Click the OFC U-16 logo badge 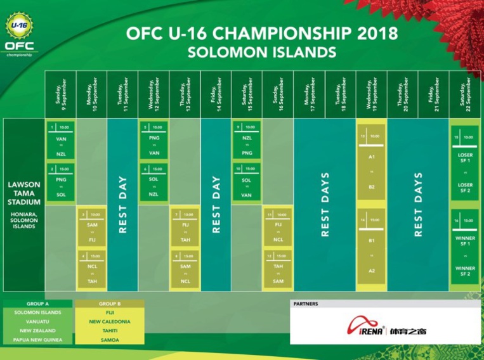[x=20, y=34]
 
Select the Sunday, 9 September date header [x=60, y=94]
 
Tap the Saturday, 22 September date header [x=466, y=94]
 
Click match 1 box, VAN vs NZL [x=60, y=140]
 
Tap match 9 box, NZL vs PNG [x=247, y=140]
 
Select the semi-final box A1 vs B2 [x=371, y=162]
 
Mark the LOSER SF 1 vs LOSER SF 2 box [x=466, y=162]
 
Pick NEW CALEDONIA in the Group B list [x=110, y=322]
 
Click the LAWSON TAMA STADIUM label [x=24, y=193]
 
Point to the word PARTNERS [x=306, y=304]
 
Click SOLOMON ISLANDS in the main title [x=261, y=51]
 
